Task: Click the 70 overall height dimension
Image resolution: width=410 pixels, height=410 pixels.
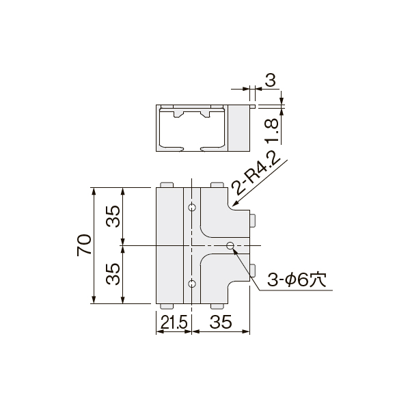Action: [85, 245]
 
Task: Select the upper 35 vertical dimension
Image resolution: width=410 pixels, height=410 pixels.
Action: [113, 216]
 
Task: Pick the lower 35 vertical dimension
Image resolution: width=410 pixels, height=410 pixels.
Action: [113, 274]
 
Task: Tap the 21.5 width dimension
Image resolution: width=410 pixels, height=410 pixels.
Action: [174, 322]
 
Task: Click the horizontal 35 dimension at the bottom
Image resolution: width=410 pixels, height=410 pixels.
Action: [221, 322]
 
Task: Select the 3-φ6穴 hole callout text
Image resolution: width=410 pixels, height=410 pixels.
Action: [297, 281]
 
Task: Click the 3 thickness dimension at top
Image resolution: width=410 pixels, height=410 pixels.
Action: [271, 81]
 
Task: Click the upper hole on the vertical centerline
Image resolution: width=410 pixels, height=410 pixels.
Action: [192, 208]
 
